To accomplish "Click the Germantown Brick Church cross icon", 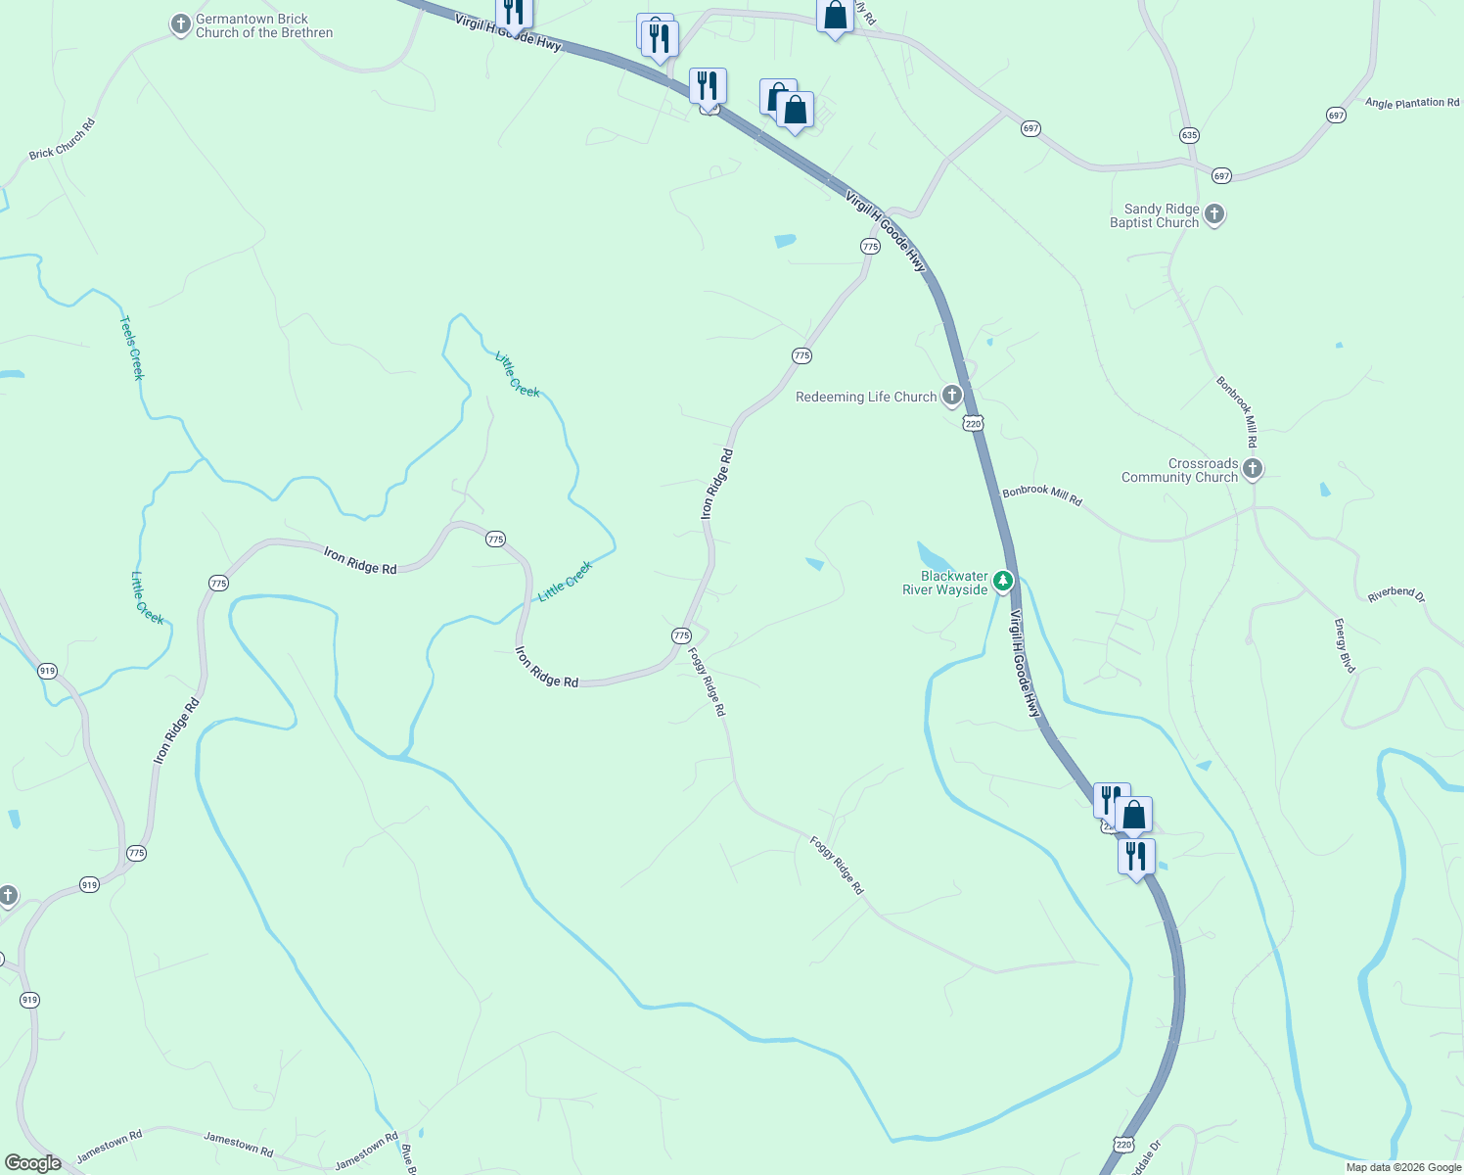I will coord(180,24).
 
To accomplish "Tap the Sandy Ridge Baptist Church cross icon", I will coord(1214,214).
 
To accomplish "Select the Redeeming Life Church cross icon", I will coord(951,396).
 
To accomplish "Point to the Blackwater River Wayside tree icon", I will coord(1002,583).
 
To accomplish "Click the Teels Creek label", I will coord(132,348).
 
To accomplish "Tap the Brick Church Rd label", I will coord(62,139).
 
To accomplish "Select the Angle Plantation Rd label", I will coord(1411,103).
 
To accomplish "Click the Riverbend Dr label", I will coord(1395,595).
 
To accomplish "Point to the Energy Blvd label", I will coord(1345,645).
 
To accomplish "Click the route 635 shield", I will coord(1189,135).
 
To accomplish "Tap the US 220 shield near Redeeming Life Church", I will coord(972,423).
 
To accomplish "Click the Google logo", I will coord(32,1163).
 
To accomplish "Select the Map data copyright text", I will coord(1403,1167).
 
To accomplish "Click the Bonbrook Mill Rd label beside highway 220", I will coord(1042,495).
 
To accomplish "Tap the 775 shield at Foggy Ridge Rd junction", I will coord(681,635).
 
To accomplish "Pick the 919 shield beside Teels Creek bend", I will coord(47,671).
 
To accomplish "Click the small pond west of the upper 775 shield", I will coord(785,241).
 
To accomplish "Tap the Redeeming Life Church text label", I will coord(866,397).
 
